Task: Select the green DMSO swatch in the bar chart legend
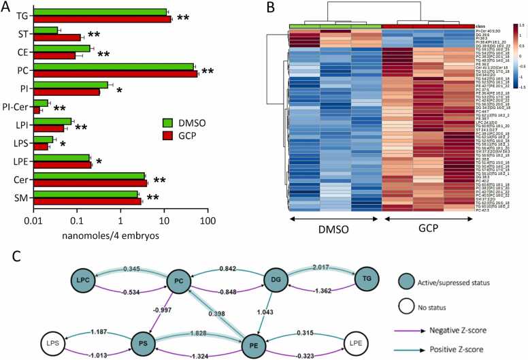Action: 167,122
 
